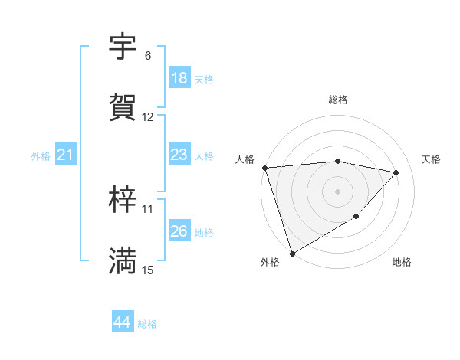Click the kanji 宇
pos(123,47)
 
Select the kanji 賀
pos(123,107)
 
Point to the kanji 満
pos(123,260)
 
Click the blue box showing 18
pos(179,78)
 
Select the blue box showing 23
pos(179,155)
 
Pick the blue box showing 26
pos(179,231)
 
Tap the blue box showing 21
pos(65,155)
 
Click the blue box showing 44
pos(122,322)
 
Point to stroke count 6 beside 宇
pos(148,56)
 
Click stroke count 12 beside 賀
pos(148,117)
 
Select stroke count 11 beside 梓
pos(148,208)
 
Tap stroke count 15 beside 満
pos(148,270)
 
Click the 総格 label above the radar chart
pos(338,100)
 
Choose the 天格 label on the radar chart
pos(432,159)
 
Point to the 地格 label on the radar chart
pos(402,263)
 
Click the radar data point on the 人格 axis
pos(264,168)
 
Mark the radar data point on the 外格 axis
pos(292,253)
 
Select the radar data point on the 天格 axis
pos(396,172)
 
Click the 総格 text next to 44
pos(147,324)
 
